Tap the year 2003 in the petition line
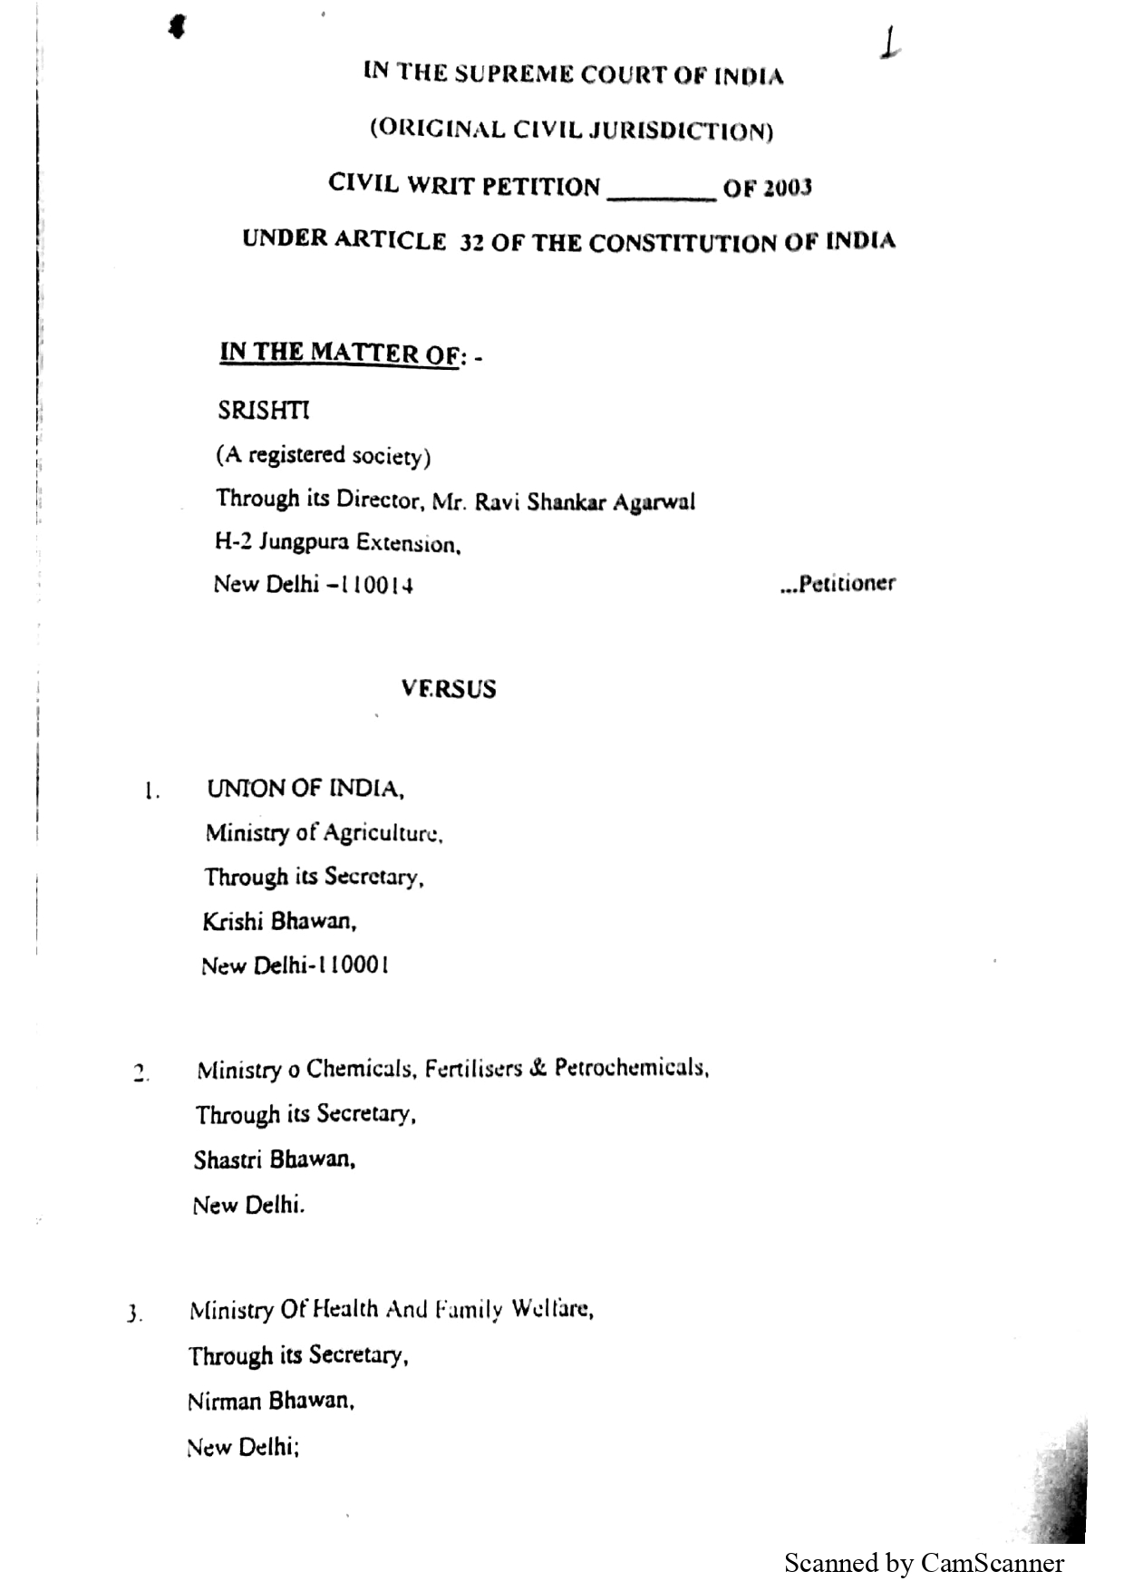point(787,189)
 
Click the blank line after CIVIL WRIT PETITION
point(662,192)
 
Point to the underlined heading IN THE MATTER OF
point(340,353)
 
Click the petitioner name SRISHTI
point(263,411)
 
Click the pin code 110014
point(376,585)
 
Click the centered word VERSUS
point(449,689)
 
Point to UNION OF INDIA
point(305,789)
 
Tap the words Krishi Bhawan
point(279,922)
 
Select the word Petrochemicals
point(631,1068)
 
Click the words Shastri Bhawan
point(274,1159)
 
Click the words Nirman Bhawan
point(270,1402)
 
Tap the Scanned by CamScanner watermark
point(924,1563)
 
